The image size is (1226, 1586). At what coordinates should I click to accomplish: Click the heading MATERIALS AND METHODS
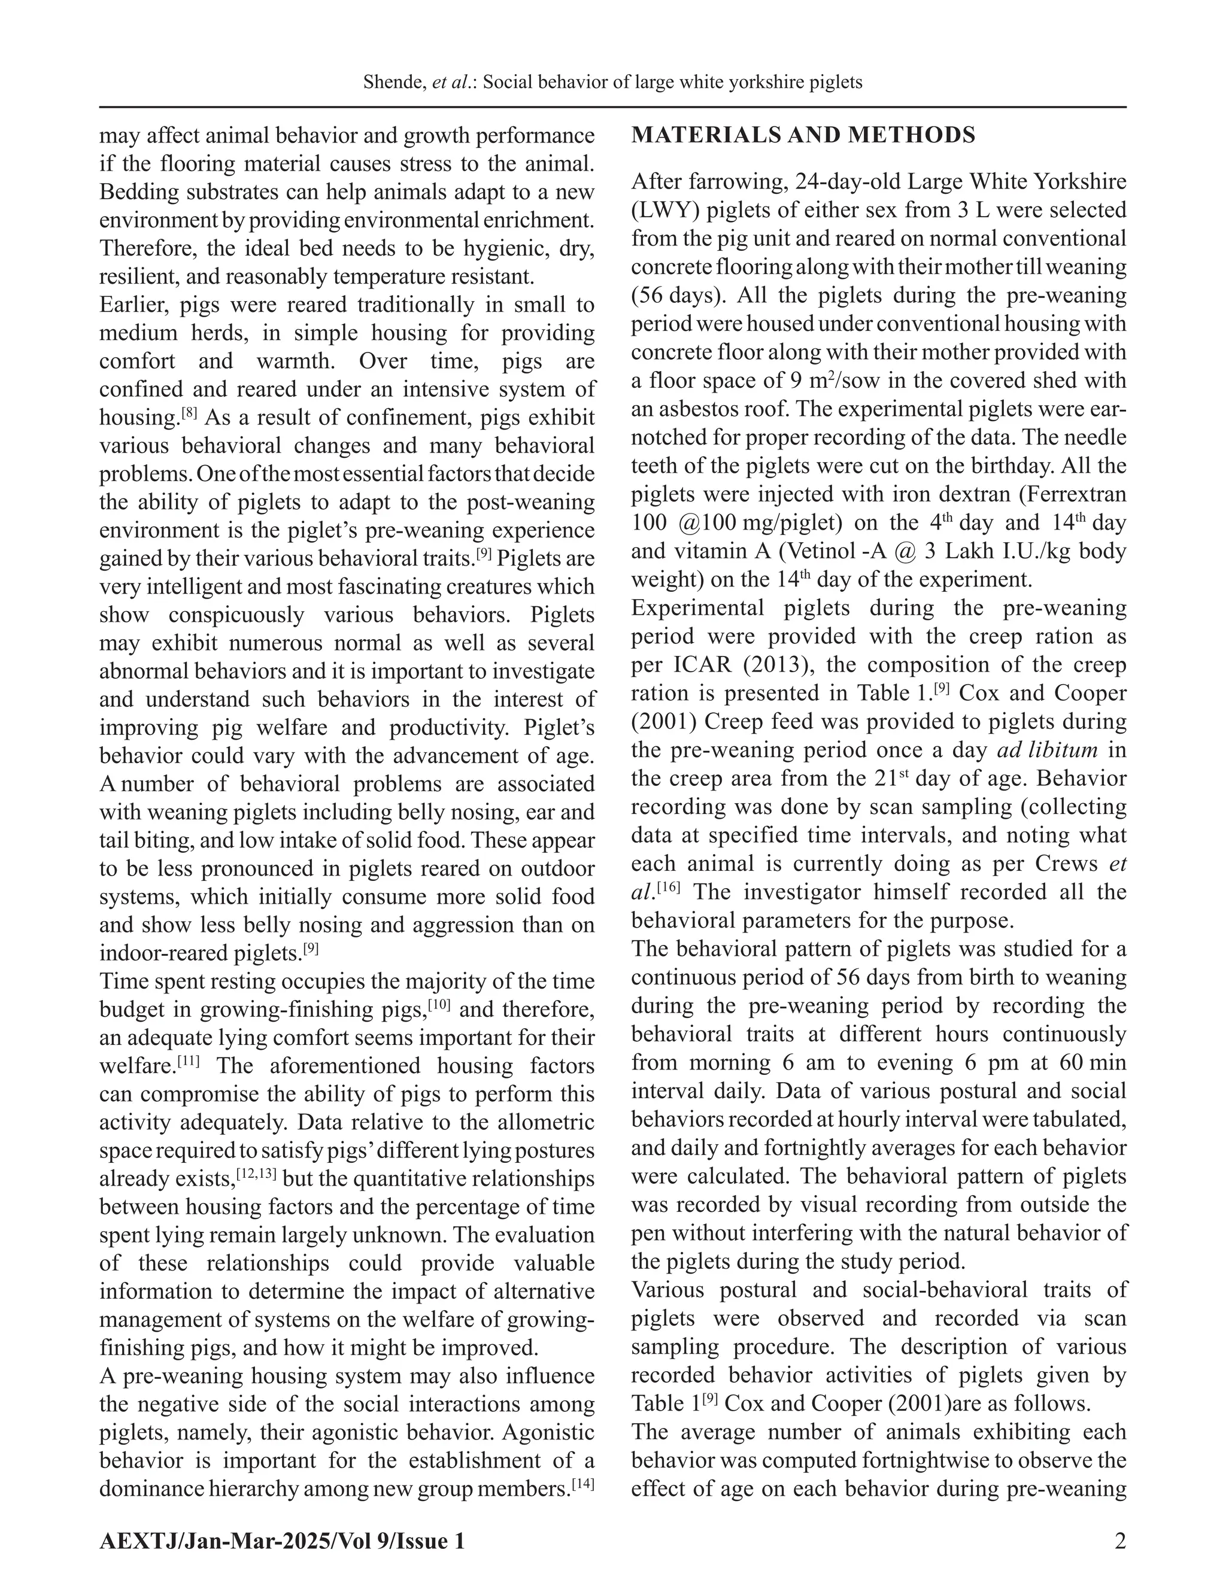click(803, 136)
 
